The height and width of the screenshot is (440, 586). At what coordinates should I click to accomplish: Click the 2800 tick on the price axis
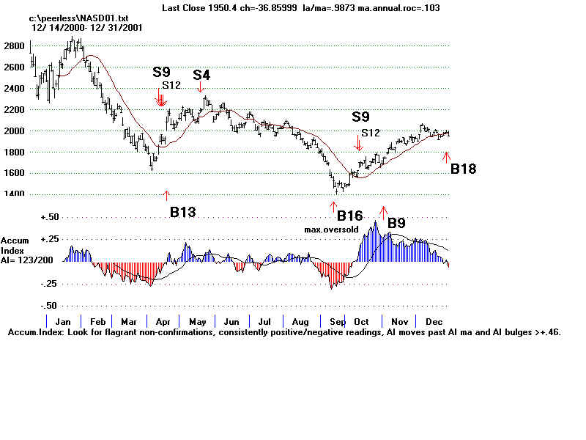click(13, 45)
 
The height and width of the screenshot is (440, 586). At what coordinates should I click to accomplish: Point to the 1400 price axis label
click(13, 194)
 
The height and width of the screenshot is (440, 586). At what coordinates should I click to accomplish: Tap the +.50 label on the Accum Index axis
click(50, 217)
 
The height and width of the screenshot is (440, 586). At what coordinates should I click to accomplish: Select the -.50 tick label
click(50, 305)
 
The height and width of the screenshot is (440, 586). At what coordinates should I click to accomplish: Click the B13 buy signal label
click(182, 212)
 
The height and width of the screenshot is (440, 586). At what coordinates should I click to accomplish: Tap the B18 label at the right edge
click(463, 169)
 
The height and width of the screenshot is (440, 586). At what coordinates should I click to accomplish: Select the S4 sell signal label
click(201, 75)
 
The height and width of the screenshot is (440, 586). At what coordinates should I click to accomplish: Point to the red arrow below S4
click(201, 88)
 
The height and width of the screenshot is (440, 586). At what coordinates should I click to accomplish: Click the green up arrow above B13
click(166, 195)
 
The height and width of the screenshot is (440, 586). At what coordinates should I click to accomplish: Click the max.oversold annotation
click(331, 230)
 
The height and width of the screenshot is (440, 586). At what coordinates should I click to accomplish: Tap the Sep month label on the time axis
click(338, 322)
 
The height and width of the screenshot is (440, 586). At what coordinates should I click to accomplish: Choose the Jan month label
click(62, 322)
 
